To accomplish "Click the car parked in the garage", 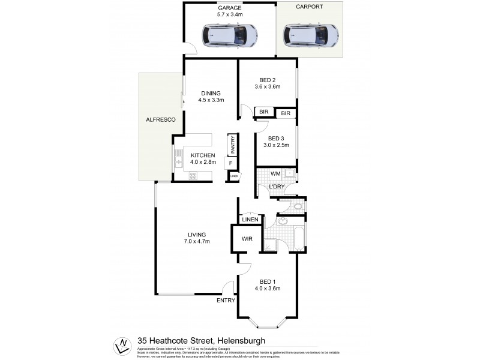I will click(x=230, y=36).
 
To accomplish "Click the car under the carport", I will click(x=310, y=35).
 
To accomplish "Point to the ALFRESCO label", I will click(x=160, y=121).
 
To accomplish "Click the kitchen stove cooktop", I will click(x=193, y=176).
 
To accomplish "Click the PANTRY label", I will click(x=232, y=145).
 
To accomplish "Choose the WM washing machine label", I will click(x=275, y=174).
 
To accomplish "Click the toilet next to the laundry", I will click(x=298, y=206).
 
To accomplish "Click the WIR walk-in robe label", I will click(x=247, y=239).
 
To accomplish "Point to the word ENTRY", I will click(x=226, y=301).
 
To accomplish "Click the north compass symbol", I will click(x=122, y=346).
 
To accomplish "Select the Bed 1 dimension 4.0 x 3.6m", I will click(x=268, y=289).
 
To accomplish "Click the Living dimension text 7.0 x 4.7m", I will click(x=197, y=242).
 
